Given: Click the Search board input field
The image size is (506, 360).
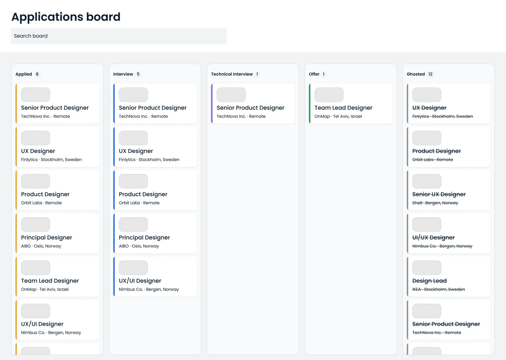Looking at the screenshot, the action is [x=119, y=36].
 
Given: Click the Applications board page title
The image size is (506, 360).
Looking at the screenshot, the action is [x=66, y=17].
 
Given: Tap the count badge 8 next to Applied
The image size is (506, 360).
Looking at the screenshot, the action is [x=37, y=74].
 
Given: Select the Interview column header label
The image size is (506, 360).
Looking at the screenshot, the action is [x=123, y=74].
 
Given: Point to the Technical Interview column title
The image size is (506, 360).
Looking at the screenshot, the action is [x=232, y=74].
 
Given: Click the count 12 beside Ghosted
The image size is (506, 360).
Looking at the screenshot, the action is [x=430, y=74].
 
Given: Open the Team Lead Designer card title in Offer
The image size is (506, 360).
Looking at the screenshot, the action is [x=343, y=108].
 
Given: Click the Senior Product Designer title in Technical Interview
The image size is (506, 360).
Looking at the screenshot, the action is [x=250, y=108].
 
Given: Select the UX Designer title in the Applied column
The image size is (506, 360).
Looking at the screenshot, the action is [x=38, y=151].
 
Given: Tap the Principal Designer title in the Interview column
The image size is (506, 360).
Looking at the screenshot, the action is [x=144, y=237].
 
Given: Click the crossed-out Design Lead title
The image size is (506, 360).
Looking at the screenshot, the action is [x=429, y=281].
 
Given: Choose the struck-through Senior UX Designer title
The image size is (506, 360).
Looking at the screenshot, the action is [x=439, y=194].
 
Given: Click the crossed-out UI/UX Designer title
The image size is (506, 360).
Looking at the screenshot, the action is [x=433, y=237].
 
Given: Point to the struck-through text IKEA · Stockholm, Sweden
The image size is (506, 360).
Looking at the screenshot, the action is [x=438, y=289].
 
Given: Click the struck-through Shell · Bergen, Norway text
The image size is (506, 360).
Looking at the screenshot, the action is [x=435, y=203].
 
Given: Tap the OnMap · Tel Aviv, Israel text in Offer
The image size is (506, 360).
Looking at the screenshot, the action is [x=338, y=116].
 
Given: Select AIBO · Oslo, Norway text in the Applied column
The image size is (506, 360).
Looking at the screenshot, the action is [x=41, y=246].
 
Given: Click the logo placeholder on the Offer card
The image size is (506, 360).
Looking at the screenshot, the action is [x=329, y=95].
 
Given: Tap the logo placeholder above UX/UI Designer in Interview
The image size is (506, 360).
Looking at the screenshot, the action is [x=133, y=267].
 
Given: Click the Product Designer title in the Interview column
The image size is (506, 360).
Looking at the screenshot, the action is [x=143, y=194].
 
